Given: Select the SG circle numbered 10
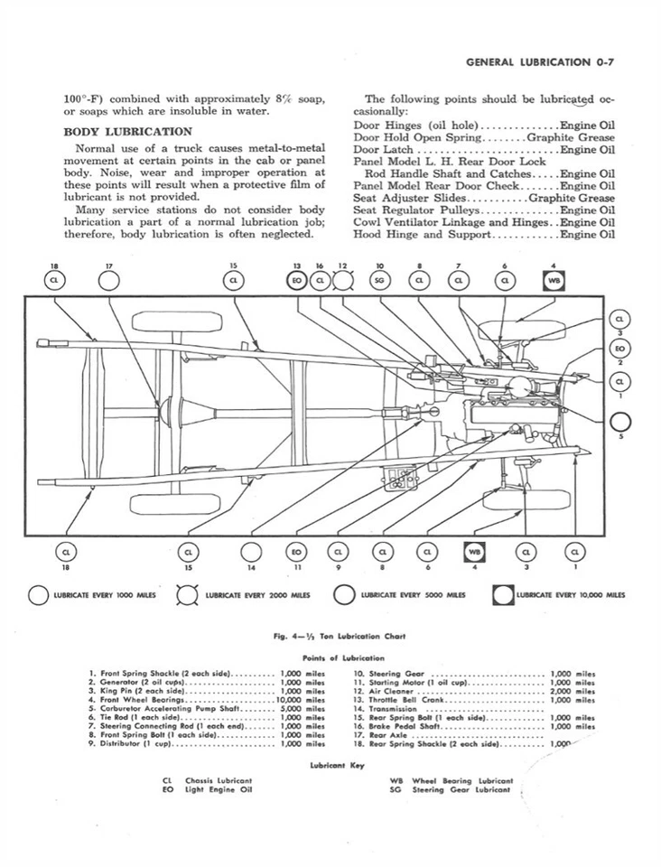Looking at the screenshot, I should pos(380,281).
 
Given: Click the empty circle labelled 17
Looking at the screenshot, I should pos(108,281).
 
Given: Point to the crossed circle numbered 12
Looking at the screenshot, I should pos(342,281).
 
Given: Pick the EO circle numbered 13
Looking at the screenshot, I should pos(296,281).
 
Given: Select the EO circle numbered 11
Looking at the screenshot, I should pos(296,551).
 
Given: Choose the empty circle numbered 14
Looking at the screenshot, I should pos(251,551).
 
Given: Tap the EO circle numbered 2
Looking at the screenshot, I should pos(620,349).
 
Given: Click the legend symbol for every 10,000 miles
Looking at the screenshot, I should pos(503,595).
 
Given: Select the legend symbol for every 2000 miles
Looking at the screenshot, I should pos(190,595).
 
